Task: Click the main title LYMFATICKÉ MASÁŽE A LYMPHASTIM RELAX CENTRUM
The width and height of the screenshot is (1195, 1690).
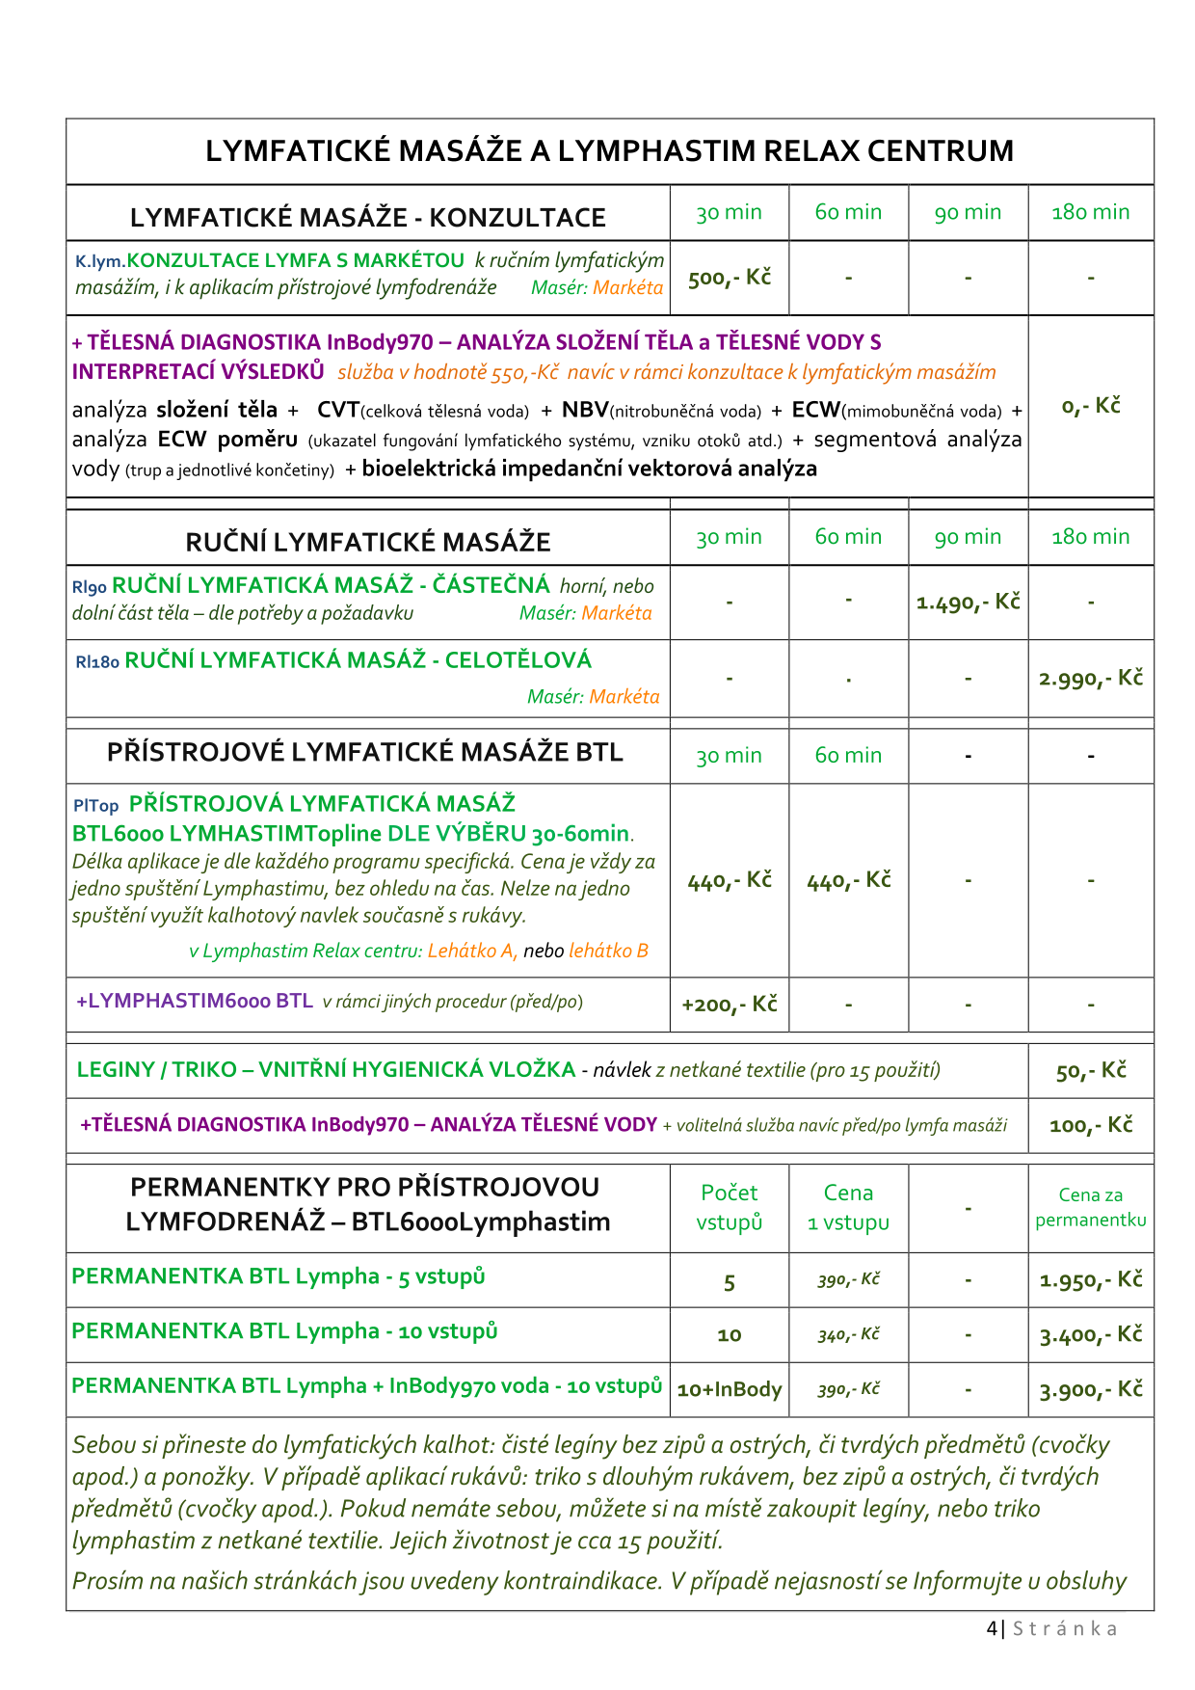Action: click(x=609, y=151)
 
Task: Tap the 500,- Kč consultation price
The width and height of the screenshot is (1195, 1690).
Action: click(x=730, y=278)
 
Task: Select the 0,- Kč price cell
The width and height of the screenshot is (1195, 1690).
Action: click(x=1091, y=406)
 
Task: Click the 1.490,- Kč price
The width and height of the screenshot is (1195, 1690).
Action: click(x=968, y=603)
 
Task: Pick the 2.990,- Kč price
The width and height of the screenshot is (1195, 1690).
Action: click(x=1091, y=678)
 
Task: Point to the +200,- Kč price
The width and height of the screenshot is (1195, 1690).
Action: click(x=730, y=1005)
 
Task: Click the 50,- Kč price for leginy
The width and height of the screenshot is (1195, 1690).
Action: click(x=1091, y=1071)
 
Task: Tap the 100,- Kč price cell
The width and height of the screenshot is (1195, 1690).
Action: click(x=1091, y=1125)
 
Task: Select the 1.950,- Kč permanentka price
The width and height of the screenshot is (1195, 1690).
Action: click(x=1091, y=1280)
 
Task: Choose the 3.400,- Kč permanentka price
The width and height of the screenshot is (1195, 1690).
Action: click(x=1091, y=1335)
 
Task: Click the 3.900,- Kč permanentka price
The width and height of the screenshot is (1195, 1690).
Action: click(x=1091, y=1390)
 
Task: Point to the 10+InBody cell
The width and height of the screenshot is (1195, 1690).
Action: click(x=730, y=1389)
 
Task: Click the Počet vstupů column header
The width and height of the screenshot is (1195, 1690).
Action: click(x=730, y=1208)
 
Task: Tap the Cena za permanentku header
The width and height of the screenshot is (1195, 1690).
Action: click(x=1091, y=1207)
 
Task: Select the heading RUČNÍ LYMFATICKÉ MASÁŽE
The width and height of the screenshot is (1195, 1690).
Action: click(x=368, y=542)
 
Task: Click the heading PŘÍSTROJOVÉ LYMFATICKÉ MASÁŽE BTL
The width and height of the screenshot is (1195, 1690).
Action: click(x=365, y=752)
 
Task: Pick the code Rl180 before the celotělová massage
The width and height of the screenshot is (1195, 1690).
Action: click(x=97, y=662)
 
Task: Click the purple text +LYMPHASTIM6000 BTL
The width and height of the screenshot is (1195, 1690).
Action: click(x=195, y=1001)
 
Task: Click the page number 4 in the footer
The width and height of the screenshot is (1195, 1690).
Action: click(x=993, y=1628)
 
